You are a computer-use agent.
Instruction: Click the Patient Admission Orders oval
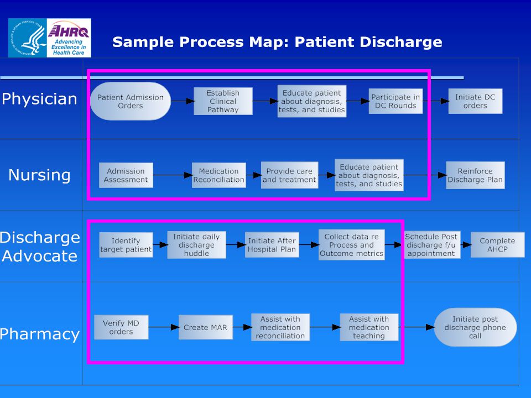point(131,101)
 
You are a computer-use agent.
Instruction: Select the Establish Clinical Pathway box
point(223,101)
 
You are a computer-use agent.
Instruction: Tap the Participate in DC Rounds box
point(395,101)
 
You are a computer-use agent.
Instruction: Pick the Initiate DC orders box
point(475,101)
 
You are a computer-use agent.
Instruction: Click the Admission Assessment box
point(126,175)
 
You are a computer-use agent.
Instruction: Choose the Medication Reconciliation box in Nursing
point(219,175)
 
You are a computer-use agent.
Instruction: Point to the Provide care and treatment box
point(289,175)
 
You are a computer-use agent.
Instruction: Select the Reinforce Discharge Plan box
point(475,175)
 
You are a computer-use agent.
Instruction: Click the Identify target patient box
point(126,245)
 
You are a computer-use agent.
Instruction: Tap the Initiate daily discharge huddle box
point(196,245)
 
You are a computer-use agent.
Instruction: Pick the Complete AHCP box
point(497,245)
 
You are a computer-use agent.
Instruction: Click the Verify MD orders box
point(121,327)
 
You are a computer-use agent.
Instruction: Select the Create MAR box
point(206,327)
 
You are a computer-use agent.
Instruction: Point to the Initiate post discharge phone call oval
point(475,327)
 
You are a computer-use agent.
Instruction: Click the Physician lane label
point(40,99)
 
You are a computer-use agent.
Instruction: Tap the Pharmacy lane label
point(40,334)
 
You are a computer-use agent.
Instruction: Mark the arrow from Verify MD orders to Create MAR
point(164,327)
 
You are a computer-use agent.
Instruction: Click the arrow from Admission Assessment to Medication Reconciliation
point(173,175)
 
